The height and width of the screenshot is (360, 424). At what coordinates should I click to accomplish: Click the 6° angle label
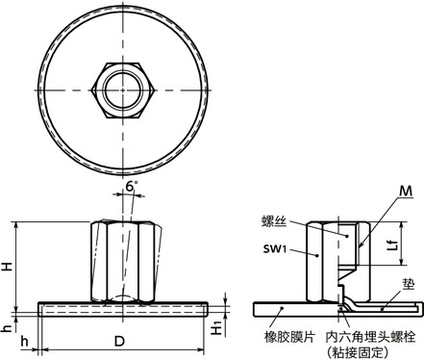[x=130, y=188]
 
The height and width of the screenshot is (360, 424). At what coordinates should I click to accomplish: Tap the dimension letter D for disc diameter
[x=119, y=342]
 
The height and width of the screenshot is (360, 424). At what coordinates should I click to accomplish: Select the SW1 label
[x=276, y=248]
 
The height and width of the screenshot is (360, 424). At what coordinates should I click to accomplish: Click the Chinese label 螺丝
[x=275, y=220]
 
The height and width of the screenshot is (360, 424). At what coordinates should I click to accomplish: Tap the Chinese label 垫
[x=409, y=286]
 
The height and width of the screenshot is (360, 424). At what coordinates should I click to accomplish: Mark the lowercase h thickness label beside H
[x=8, y=326]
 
